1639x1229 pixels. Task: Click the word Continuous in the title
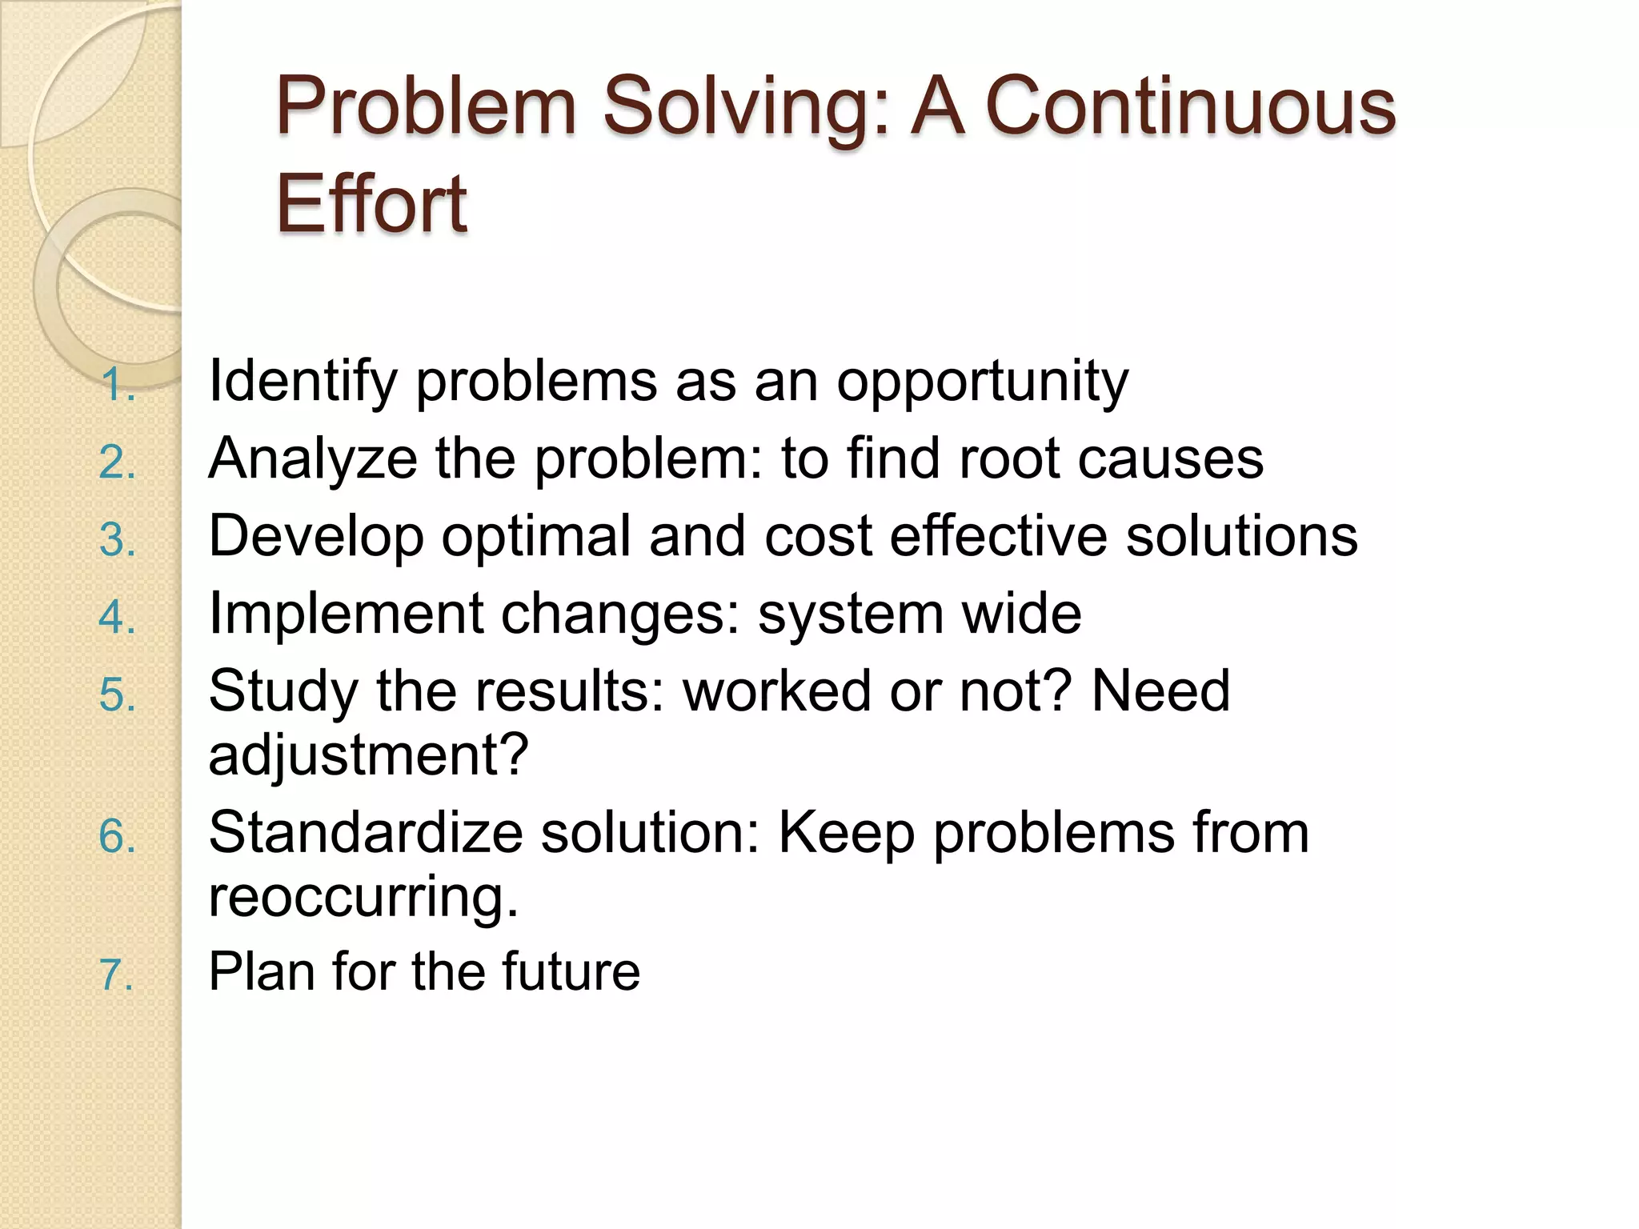coord(1190,106)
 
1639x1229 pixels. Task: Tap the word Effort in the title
coord(371,205)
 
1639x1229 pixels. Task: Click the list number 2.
coord(118,463)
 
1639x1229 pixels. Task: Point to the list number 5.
coord(118,695)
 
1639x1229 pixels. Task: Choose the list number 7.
coord(117,976)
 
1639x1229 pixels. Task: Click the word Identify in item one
coord(303,382)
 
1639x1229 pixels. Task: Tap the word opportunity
coord(982,382)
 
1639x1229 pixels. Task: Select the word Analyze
coord(313,459)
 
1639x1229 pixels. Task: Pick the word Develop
coord(316,537)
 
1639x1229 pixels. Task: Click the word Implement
coord(345,614)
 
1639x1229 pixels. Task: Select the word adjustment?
coord(368,755)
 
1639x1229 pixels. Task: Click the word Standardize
coord(365,833)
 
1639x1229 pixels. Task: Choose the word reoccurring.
coord(363,896)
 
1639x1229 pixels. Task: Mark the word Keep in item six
coord(847,833)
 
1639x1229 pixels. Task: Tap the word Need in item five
coord(1160,691)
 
